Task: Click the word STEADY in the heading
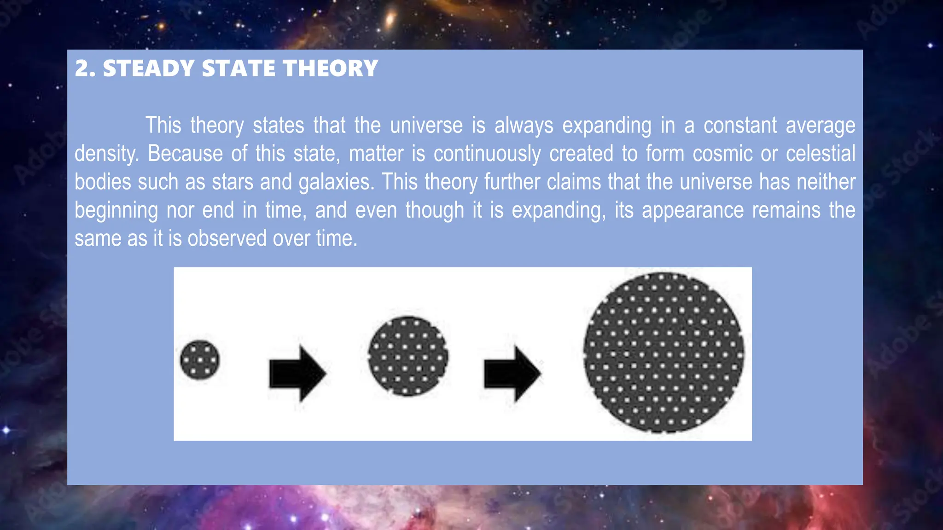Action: pyautogui.click(x=148, y=69)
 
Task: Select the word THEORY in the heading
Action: pyautogui.click(x=330, y=69)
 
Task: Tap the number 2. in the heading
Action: pyautogui.click(x=85, y=69)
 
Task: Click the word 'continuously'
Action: pyautogui.click(x=487, y=154)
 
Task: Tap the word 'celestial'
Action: pyautogui.click(x=820, y=154)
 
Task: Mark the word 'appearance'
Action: pyautogui.click(x=693, y=211)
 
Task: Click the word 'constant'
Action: pyautogui.click(x=740, y=126)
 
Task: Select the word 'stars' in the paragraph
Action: pyautogui.click(x=233, y=182)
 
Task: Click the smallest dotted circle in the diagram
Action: pyautogui.click(x=200, y=360)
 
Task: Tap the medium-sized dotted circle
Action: pyautogui.click(x=408, y=356)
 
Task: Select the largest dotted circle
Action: pyautogui.click(x=664, y=353)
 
